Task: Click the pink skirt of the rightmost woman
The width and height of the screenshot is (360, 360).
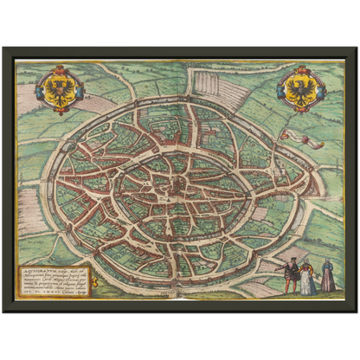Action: pyautogui.click(x=328, y=284)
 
